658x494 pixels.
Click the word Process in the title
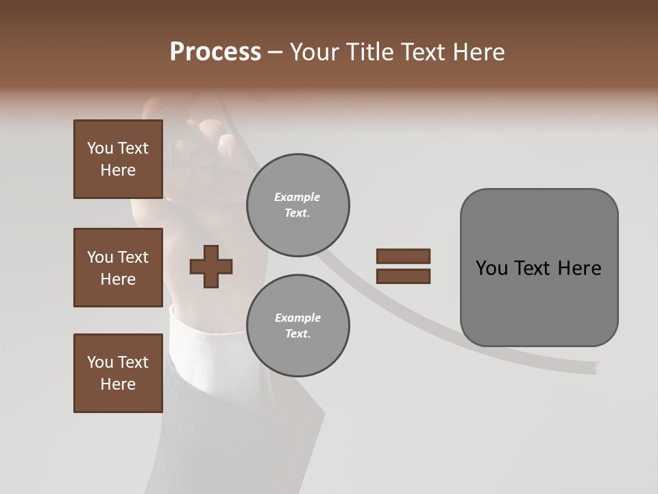click(215, 52)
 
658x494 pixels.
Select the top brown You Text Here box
click(118, 159)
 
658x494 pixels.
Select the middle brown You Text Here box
click(118, 268)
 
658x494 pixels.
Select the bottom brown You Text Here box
click(118, 373)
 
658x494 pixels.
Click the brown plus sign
click(211, 266)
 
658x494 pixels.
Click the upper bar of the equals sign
click(403, 257)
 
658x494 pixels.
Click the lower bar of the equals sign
click(403, 276)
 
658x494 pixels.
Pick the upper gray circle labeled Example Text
click(297, 205)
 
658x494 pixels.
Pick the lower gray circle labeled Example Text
click(297, 326)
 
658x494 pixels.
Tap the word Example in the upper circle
click(297, 197)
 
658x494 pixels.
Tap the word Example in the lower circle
click(297, 318)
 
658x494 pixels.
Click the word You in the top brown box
click(100, 148)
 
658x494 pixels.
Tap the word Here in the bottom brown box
click(118, 384)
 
